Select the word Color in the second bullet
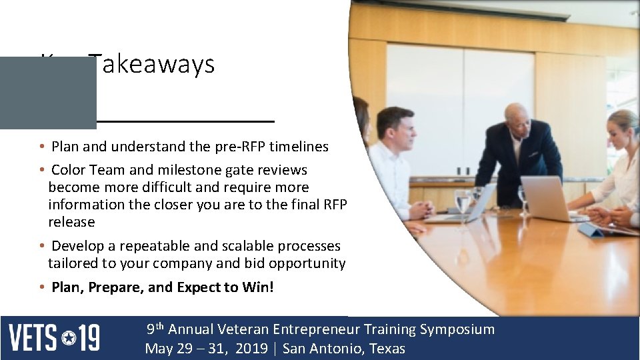(65, 170)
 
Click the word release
(71, 222)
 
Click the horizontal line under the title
(185, 121)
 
